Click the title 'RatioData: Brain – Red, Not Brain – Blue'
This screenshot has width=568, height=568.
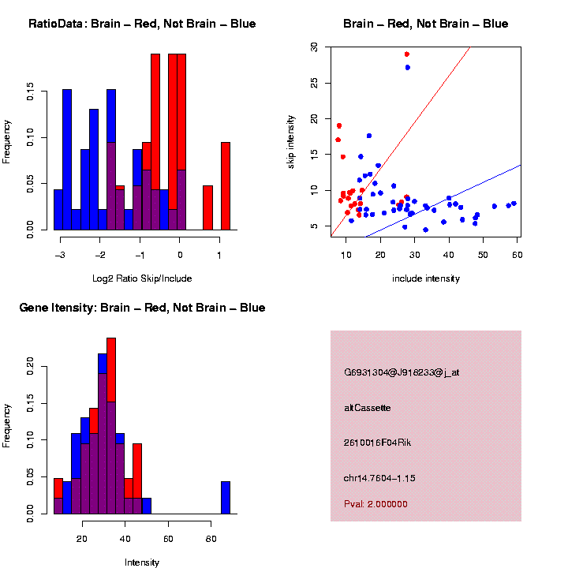pyautogui.click(x=142, y=24)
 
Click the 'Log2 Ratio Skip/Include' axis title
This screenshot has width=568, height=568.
pyautogui.click(x=142, y=278)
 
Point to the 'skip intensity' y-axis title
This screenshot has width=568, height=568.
pyautogui.click(x=301, y=138)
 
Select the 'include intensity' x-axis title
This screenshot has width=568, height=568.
pyautogui.click(x=426, y=278)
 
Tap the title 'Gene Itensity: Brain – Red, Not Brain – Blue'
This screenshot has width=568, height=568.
pyautogui.click(x=142, y=308)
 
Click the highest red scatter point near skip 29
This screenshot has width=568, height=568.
pyautogui.click(x=407, y=54)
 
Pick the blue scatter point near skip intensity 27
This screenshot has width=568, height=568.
pyautogui.click(x=408, y=68)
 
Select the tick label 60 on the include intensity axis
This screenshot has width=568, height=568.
pyautogui.click(x=517, y=253)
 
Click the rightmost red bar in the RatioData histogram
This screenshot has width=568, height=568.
pyautogui.click(x=226, y=186)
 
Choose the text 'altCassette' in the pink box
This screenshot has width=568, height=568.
pyautogui.click(x=368, y=408)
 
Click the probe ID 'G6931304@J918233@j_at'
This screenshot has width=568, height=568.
pyautogui.click(x=402, y=372)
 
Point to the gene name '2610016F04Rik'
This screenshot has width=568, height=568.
pyautogui.click(x=378, y=443)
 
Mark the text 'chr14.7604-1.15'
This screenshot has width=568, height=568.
pyautogui.click(x=379, y=478)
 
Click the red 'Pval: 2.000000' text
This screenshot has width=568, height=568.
pyautogui.click(x=376, y=504)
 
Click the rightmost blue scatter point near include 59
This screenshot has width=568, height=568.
pyautogui.click(x=514, y=204)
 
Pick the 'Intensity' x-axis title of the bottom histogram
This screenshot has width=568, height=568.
pyautogui.click(x=142, y=562)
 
